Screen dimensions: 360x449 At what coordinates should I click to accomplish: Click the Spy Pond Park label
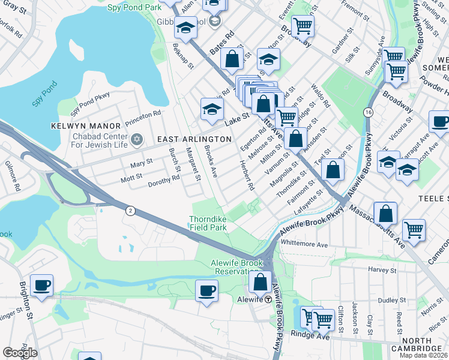coord(134,8)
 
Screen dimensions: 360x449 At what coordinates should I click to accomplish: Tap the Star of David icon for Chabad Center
coord(136,139)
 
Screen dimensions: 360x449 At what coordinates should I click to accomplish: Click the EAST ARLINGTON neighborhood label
coord(194,139)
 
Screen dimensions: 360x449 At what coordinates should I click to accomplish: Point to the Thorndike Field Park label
coord(208,223)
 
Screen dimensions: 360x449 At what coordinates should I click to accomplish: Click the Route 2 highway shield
coord(130,210)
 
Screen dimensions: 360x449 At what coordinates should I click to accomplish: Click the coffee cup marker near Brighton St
coord(41,286)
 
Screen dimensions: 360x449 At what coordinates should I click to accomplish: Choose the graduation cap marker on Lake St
coord(211,109)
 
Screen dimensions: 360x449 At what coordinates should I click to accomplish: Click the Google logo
coord(20,353)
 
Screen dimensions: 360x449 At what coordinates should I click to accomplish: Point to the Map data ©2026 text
coord(423,355)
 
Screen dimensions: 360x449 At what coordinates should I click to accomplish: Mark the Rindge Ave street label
coord(310,334)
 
